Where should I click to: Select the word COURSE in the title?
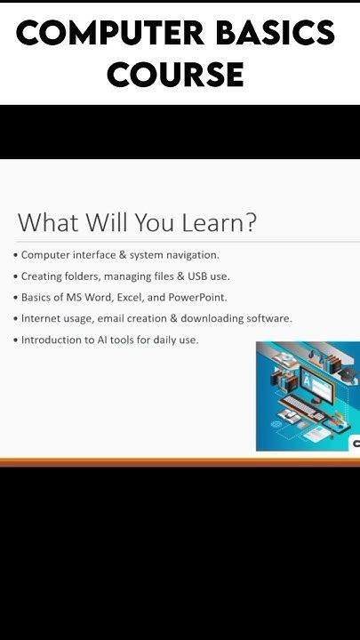[175, 75]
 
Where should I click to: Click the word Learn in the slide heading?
[212, 222]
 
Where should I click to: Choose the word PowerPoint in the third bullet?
[200, 298]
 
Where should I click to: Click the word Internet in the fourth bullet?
[41, 318]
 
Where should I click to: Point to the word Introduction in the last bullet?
[50, 340]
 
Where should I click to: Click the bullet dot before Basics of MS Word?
[15, 298]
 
